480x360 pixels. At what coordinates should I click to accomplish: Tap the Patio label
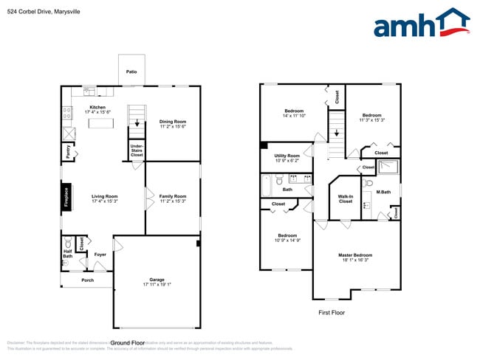(131, 72)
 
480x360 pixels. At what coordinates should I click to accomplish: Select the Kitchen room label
(97, 107)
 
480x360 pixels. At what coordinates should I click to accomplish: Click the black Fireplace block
(67, 198)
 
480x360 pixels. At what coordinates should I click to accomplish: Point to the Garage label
(157, 280)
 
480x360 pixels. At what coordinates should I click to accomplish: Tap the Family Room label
(173, 195)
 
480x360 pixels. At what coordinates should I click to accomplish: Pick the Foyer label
(100, 255)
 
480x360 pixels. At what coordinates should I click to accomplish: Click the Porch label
(88, 280)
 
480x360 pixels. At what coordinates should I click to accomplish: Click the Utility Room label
(287, 156)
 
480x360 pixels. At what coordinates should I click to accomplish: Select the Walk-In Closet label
(345, 198)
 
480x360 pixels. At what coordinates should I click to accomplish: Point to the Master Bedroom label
(355, 255)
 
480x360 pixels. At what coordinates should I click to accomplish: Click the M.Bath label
(383, 193)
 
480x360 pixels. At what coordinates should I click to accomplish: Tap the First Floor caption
(332, 312)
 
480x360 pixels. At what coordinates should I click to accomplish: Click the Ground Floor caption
(127, 342)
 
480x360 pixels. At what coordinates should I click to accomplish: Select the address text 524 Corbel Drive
(28, 11)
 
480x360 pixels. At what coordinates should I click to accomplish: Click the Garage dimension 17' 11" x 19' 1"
(157, 285)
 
